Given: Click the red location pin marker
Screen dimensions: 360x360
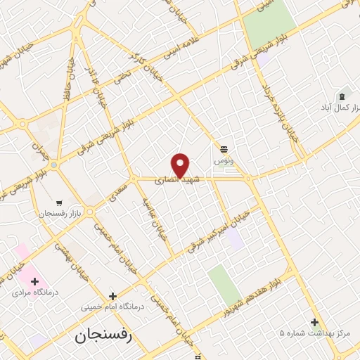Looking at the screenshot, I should pyautogui.click(x=181, y=165).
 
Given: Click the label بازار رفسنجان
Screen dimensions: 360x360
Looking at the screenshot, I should pyautogui.click(x=61, y=212).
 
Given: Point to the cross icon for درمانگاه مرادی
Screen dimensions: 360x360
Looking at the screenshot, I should pyautogui.click(x=34, y=281).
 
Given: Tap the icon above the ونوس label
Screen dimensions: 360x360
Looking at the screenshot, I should pyautogui.click(x=224, y=148).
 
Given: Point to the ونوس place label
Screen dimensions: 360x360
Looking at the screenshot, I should pyautogui.click(x=224, y=161).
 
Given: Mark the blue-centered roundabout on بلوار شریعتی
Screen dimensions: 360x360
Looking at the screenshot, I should pyautogui.click(x=53, y=165).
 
